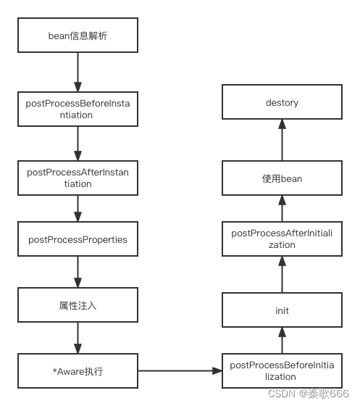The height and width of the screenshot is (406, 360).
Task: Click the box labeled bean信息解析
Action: tap(77, 34)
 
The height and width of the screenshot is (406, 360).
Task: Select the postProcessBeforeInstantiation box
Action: tap(77, 109)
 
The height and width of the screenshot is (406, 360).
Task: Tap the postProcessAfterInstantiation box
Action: tap(77, 178)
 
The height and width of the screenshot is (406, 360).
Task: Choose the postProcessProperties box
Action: tap(77, 239)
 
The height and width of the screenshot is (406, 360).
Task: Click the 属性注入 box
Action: tap(77, 305)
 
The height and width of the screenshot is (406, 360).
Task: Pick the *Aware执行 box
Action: tap(77, 371)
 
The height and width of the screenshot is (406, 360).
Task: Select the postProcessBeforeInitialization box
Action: tap(282, 371)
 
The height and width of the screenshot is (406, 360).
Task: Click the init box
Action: tap(282, 310)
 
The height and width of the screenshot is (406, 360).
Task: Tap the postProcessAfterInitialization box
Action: tap(282, 239)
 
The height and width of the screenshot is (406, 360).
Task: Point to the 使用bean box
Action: tap(282, 178)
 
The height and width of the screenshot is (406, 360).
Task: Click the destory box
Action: tap(282, 103)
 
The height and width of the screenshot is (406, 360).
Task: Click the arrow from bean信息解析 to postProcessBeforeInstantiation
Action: tap(77, 71)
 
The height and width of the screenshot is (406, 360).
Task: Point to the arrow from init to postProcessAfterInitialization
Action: tap(282, 274)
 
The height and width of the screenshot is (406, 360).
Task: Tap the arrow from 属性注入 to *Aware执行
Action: tap(77, 338)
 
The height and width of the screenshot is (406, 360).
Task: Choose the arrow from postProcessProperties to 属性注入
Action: tap(77, 273)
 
